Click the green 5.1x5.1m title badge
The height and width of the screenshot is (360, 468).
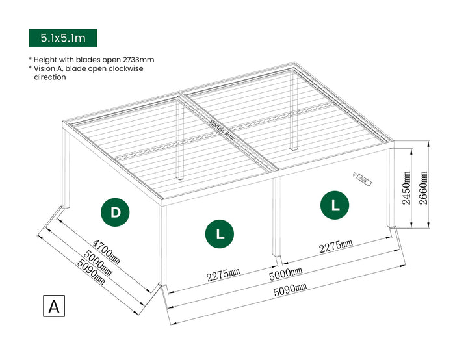pos(62,38)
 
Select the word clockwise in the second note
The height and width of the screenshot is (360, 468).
pos(125,68)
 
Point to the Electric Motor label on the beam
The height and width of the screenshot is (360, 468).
pos(222,132)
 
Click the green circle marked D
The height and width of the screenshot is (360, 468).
pos(116,212)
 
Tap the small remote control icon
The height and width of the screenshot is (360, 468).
pos(362,179)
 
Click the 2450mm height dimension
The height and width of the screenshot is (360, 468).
pos(406,188)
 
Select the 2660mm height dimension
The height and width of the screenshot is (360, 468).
pos(424,188)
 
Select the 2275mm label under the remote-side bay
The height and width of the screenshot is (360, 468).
pos(335,246)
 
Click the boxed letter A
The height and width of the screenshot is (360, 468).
pos(54,306)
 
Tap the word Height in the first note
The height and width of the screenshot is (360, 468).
pos(45,59)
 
